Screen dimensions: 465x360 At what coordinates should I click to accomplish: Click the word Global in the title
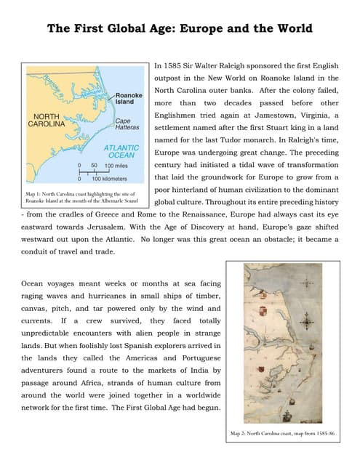[132, 28]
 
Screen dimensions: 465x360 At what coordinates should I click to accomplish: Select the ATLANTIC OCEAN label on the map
[121, 150]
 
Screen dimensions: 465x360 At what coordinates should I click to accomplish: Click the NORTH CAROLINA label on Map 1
[47, 120]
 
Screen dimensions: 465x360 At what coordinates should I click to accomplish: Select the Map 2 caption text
[283, 433]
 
